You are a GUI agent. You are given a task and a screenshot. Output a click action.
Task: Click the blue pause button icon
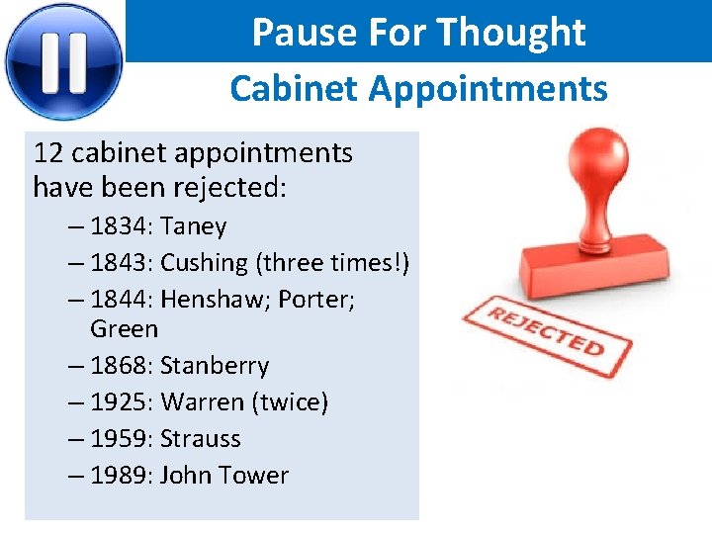[63, 60]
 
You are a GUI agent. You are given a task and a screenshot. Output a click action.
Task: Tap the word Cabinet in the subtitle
[295, 89]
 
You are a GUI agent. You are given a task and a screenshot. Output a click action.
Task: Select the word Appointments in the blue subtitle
[489, 89]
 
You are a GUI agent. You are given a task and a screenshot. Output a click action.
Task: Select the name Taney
[194, 226]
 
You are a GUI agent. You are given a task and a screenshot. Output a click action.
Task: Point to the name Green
[124, 328]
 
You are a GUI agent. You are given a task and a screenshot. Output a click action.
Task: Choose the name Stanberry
[215, 365]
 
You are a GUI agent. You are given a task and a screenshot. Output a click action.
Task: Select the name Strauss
[201, 438]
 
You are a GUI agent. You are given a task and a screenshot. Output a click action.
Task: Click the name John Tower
[224, 475]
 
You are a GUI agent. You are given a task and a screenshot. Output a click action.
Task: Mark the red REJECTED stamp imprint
[547, 331]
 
